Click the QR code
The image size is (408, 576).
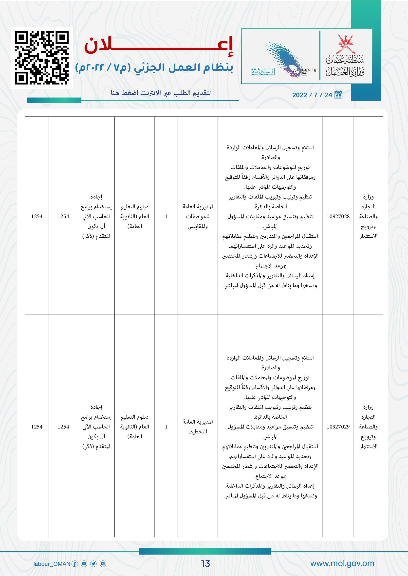[42, 57]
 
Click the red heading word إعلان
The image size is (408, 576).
[159, 45]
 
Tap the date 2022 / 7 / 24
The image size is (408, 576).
[312, 95]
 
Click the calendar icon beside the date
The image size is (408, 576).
[338, 95]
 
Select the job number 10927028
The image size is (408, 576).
[338, 216]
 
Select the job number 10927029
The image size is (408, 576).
[338, 427]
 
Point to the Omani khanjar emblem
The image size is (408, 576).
[346, 44]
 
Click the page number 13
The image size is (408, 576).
[205, 563]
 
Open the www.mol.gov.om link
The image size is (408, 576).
[342, 563]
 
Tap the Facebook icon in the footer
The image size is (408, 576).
[74, 564]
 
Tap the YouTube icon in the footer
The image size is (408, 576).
[84, 564]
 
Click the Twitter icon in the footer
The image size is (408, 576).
[93, 564]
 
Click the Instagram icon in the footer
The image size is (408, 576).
[103, 564]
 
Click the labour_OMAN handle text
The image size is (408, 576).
[52, 564]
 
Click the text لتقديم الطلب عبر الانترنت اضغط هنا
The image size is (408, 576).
[161, 93]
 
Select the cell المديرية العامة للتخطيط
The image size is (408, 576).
[198, 427]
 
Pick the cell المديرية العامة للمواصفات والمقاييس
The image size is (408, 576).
[198, 216]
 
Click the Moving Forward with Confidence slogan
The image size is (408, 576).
[262, 72]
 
